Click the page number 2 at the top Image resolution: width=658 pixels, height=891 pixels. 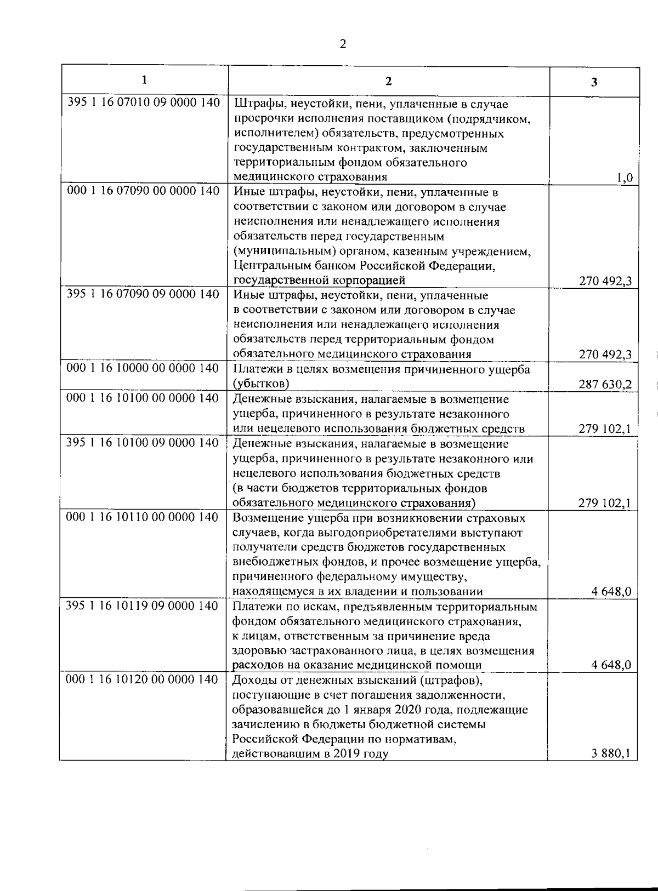(x=343, y=44)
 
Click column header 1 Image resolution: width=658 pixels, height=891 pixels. (x=144, y=80)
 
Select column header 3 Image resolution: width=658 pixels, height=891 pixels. (x=594, y=82)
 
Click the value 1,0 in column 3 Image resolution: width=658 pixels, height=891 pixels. (x=624, y=177)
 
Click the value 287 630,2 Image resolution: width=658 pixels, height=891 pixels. (x=605, y=384)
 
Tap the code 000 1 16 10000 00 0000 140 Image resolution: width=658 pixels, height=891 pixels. (x=143, y=368)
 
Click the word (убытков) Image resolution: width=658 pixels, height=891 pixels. (x=261, y=384)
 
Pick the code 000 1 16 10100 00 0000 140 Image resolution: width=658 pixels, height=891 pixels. (x=143, y=398)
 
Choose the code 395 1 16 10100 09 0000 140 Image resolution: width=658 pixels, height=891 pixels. (x=143, y=442)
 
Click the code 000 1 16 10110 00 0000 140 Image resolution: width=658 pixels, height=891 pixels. (x=143, y=517)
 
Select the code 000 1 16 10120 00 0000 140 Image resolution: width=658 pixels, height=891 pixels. (x=143, y=679)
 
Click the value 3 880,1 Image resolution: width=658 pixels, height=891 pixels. (x=611, y=753)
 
